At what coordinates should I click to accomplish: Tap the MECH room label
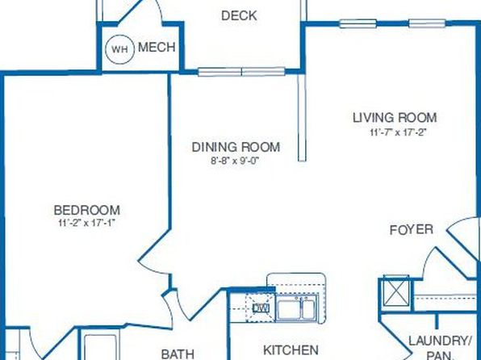(157, 48)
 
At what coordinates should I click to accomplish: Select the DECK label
(239, 15)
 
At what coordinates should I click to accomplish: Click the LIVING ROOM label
(395, 118)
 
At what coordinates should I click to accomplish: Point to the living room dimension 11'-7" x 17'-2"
(398, 132)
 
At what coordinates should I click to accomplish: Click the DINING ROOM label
(236, 147)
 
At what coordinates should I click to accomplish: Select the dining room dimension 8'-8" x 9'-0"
(236, 161)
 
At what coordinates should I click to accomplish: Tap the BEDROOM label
(87, 210)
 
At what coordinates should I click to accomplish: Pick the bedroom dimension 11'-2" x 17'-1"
(86, 223)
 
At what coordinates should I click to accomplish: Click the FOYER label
(412, 229)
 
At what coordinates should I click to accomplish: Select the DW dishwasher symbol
(261, 308)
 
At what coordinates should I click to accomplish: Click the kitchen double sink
(296, 309)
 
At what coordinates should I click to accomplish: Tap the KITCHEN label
(291, 350)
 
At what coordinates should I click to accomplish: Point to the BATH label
(178, 354)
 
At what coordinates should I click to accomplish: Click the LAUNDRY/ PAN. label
(440, 348)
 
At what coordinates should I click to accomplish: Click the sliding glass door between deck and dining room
(242, 72)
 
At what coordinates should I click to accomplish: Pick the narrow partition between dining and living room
(302, 117)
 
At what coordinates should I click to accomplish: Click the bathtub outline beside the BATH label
(101, 347)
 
